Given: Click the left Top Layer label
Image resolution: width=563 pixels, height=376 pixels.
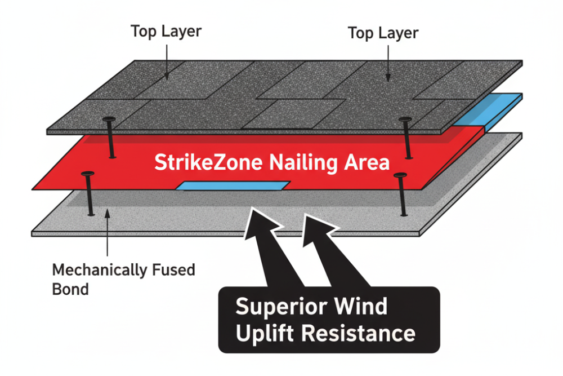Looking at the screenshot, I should click(x=166, y=31).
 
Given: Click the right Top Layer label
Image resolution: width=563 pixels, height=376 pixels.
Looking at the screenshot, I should click(x=383, y=33).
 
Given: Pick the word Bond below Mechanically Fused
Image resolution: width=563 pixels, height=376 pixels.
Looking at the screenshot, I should click(x=70, y=289).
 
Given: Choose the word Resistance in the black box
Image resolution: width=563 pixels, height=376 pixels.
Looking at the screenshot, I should click(x=358, y=333).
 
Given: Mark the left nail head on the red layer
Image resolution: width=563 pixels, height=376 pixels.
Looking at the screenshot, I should click(x=87, y=174).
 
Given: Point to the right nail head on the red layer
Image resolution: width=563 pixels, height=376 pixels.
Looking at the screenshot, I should click(x=401, y=176).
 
